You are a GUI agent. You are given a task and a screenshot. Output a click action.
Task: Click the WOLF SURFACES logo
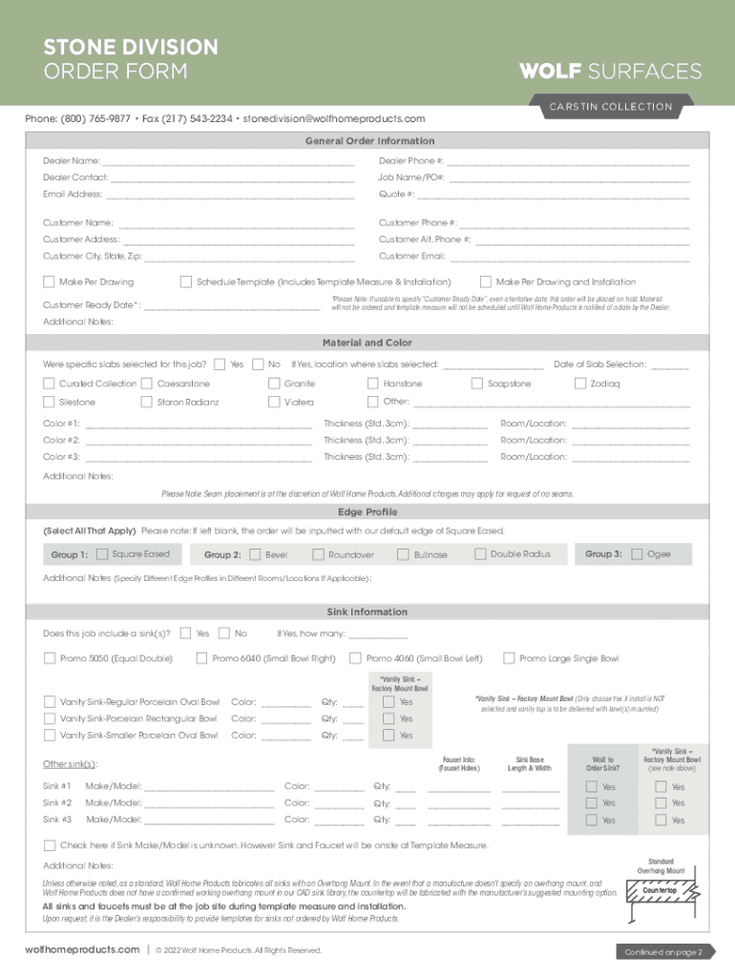coord(609,72)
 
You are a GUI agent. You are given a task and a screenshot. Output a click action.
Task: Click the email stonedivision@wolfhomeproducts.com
coord(334,119)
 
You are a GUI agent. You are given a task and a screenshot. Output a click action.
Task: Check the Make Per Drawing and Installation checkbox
coord(485,282)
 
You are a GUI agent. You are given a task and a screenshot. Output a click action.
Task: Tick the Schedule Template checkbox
coord(186,282)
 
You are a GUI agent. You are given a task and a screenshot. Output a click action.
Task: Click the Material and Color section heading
coord(367,343)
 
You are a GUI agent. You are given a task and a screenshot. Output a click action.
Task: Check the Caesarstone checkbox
coord(147,384)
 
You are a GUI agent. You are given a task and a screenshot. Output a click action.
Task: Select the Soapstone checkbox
coord(478,384)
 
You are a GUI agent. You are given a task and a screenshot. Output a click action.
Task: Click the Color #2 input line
coord(199,441)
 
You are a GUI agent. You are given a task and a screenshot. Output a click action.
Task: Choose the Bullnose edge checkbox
coord(403,554)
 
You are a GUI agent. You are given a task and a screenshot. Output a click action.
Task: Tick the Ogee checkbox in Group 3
coord(637,554)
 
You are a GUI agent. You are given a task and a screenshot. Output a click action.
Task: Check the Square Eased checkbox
coord(102,554)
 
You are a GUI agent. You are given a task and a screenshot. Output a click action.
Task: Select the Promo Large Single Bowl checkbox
coord(509,657)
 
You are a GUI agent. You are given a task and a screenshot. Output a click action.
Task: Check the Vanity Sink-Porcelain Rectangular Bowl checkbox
coord(50,718)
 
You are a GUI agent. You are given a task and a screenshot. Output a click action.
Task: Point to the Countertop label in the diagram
coord(660,890)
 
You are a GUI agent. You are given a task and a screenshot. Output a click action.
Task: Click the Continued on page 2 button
coord(663,951)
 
